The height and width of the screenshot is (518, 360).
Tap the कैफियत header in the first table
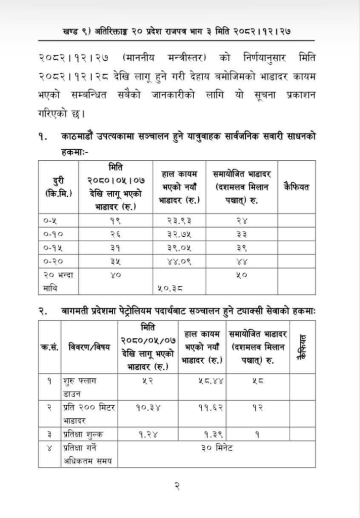tap(297, 187)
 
